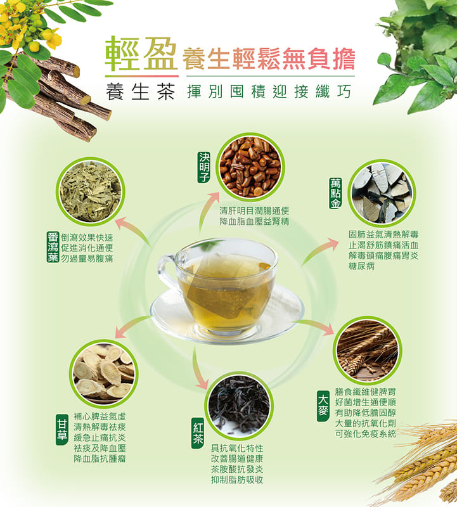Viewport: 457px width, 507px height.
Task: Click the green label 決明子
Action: (x=204, y=167)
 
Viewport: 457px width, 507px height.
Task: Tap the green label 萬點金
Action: (x=335, y=193)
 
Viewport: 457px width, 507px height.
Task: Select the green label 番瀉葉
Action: (x=53, y=247)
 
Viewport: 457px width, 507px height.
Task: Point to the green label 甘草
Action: (x=61, y=430)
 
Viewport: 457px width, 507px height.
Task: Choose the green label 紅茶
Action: (x=198, y=433)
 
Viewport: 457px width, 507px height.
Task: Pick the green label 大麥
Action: (x=323, y=406)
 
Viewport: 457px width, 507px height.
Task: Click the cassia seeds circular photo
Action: (x=250, y=167)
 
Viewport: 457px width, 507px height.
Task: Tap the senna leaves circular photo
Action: (x=91, y=192)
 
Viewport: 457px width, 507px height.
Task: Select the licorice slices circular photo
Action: (x=104, y=374)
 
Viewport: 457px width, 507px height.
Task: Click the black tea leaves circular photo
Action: (x=239, y=406)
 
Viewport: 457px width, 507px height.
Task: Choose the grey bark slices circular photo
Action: (x=382, y=193)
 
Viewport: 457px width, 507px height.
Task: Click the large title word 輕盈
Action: (x=141, y=54)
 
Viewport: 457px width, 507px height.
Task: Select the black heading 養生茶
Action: (x=140, y=91)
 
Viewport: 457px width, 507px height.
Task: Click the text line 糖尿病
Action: (x=361, y=266)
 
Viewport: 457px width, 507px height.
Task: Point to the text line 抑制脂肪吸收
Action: (x=237, y=480)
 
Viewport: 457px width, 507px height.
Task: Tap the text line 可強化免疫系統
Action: (x=366, y=433)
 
